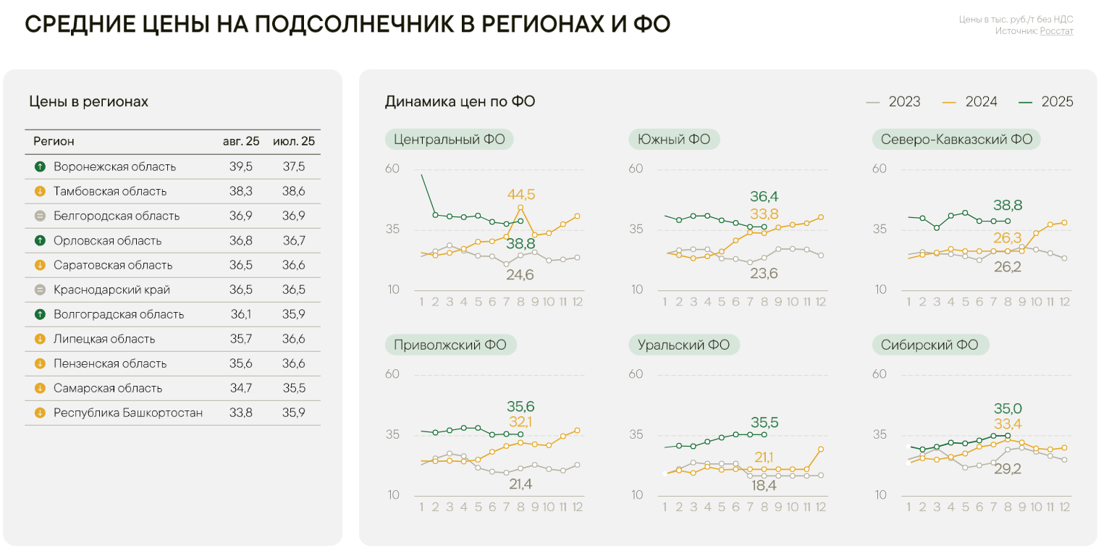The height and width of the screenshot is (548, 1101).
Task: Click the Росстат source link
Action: tap(1056, 31)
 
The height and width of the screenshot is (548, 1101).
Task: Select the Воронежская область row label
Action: tap(114, 166)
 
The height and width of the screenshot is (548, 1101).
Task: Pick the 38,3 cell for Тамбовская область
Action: tap(240, 191)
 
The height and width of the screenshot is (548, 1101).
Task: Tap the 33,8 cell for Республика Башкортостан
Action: tap(240, 413)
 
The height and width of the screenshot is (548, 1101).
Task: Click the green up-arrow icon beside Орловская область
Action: tap(40, 240)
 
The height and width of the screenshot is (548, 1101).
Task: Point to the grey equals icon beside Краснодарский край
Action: tap(40, 290)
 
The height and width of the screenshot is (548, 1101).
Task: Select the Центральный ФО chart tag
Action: tap(449, 140)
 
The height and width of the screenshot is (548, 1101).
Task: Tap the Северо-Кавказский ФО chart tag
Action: tap(956, 140)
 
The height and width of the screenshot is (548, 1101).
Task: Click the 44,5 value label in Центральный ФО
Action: tap(521, 195)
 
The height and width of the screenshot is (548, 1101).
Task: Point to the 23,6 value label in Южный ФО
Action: tap(764, 273)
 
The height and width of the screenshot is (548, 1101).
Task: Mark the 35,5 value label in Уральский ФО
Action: tap(764, 422)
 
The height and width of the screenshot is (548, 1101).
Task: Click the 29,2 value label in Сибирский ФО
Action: tap(1007, 469)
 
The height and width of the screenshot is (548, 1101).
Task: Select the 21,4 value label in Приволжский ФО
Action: tap(520, 484)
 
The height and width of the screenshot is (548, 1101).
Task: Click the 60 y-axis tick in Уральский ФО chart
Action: tap(636, 374)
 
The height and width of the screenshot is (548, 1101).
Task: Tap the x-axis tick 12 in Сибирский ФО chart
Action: tap(1064, 507)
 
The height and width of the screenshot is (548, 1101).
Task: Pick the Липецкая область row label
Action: tap(104, 339)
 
